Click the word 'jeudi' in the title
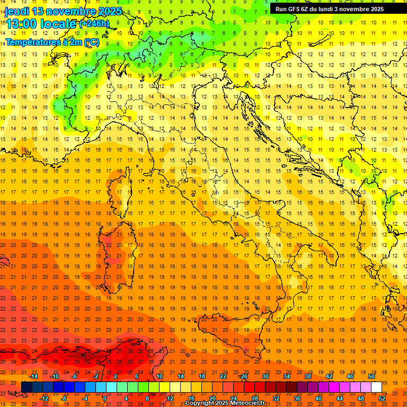(16, 11)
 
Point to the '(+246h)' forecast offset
(94, 23)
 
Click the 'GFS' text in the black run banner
(295, 8)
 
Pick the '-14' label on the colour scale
(34, 376)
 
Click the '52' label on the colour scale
(382, 399)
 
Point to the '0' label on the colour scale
(104, 399)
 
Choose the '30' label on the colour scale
(264, 376)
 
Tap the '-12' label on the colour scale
(45, 399)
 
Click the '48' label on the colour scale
(361, 399)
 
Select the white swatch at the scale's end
(376, 387)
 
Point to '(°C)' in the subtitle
(91, 41)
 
